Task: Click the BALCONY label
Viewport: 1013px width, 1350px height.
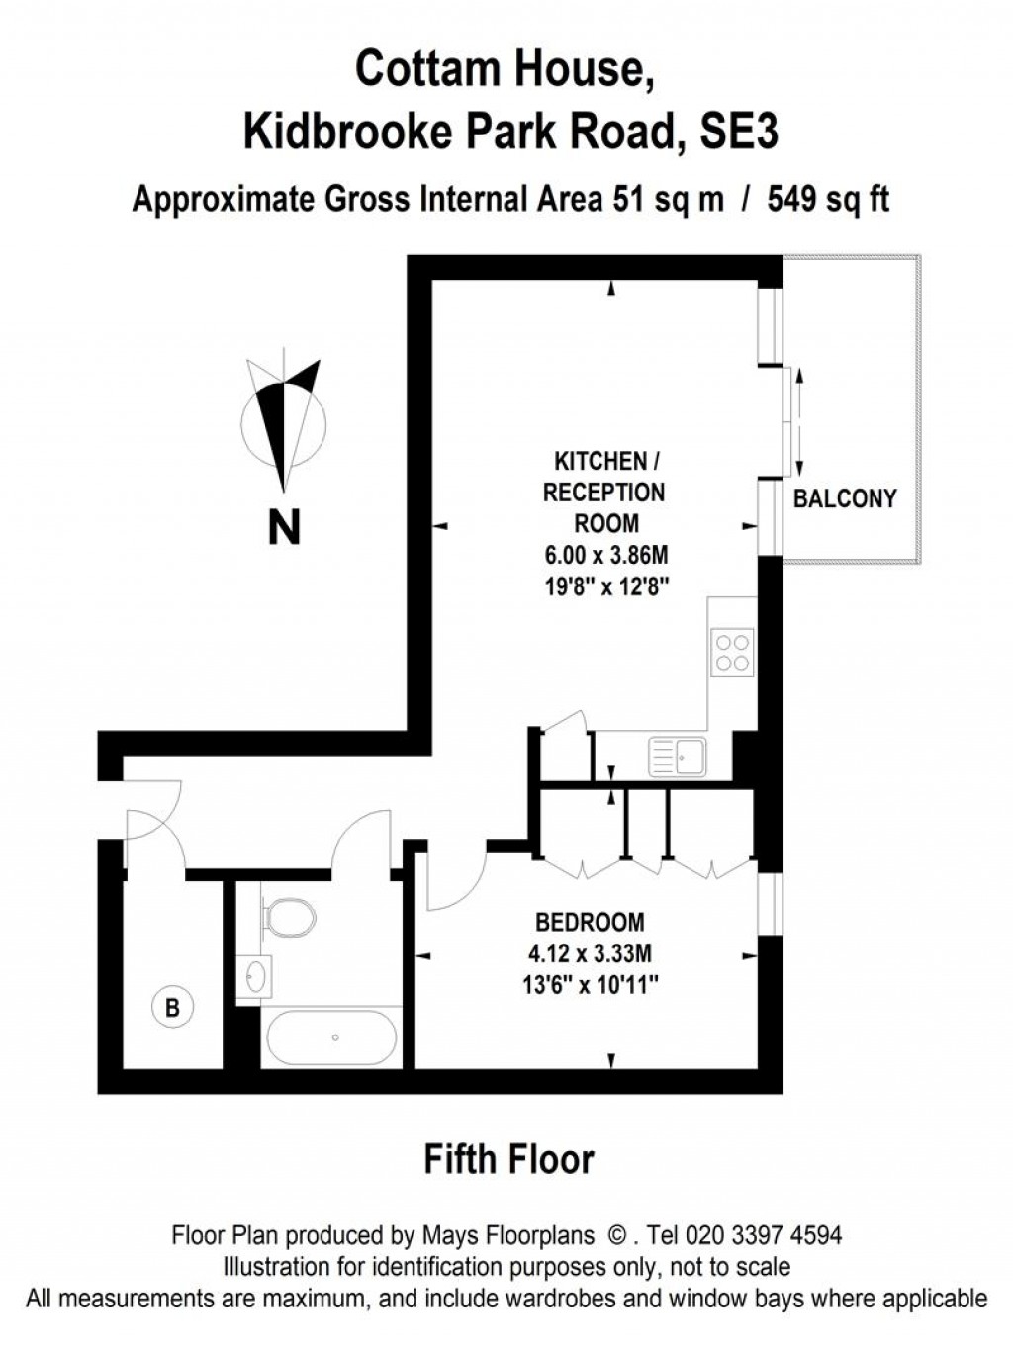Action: coord(845,498)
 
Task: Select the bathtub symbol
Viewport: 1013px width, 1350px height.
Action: coord(331,1037)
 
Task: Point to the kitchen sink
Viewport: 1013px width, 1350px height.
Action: coord(679,757)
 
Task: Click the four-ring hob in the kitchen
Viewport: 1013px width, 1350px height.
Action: coord(732,652)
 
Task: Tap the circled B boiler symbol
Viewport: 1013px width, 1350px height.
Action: coord(173,1008)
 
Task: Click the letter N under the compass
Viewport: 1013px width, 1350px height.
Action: coord(284,527)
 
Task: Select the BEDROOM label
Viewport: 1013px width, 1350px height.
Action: coord(590,922)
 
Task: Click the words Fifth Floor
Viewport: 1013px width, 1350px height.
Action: coord(508,1159)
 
